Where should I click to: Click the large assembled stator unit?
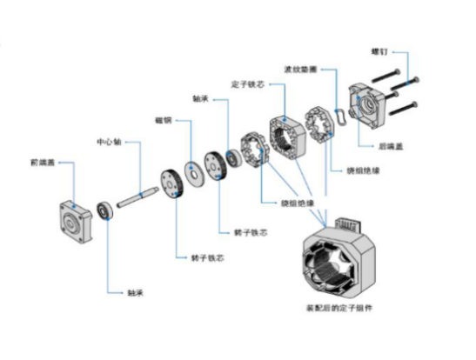336,257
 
